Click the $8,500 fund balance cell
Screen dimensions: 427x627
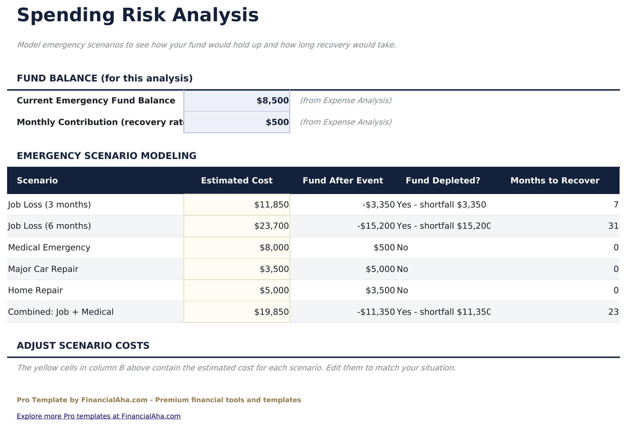237,101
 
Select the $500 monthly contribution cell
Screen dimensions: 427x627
237,122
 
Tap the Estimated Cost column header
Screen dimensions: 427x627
237,181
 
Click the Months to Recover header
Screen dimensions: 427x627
555,181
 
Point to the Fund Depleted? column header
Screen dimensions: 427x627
443,181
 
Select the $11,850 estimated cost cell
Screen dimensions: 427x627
237,205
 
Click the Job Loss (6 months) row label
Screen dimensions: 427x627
50,226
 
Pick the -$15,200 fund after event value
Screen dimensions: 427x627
376,226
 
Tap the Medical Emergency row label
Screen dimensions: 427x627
49,247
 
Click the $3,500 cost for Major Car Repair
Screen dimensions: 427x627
237,269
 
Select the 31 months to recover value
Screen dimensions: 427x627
613,226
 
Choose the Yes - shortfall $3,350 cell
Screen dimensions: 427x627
441,205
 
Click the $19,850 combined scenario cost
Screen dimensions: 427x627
237,312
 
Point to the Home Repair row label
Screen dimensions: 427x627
35,290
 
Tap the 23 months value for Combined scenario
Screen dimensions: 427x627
613,312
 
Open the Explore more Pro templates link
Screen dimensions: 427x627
98,416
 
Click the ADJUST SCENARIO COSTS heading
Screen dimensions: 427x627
83,346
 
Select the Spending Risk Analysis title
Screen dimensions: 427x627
138,16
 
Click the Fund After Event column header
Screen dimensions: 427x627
343,181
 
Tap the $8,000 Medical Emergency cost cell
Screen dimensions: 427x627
237,247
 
